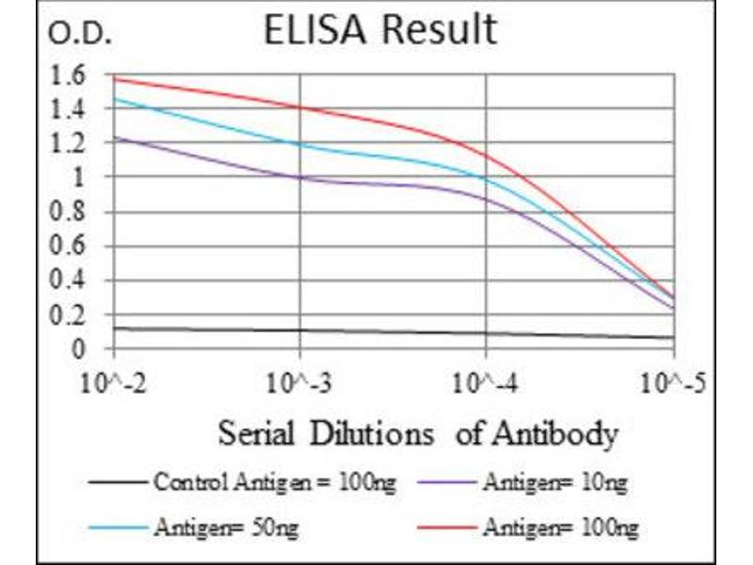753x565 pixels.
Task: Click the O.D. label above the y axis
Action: (x=80, y=36)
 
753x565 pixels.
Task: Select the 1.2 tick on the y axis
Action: (x=72, y=144)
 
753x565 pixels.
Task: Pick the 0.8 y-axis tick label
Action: (x=72, y=213)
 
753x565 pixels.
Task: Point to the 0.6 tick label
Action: (x=72, y=248)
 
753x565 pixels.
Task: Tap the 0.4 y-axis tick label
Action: (x=72, y=282)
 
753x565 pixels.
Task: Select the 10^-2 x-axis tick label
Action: (x=114, y=383)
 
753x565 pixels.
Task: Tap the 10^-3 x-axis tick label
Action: (x=300, y=383)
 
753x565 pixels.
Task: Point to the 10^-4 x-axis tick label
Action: (x=487, y=383)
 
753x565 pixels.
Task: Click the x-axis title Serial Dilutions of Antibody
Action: (x=418, y=434)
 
